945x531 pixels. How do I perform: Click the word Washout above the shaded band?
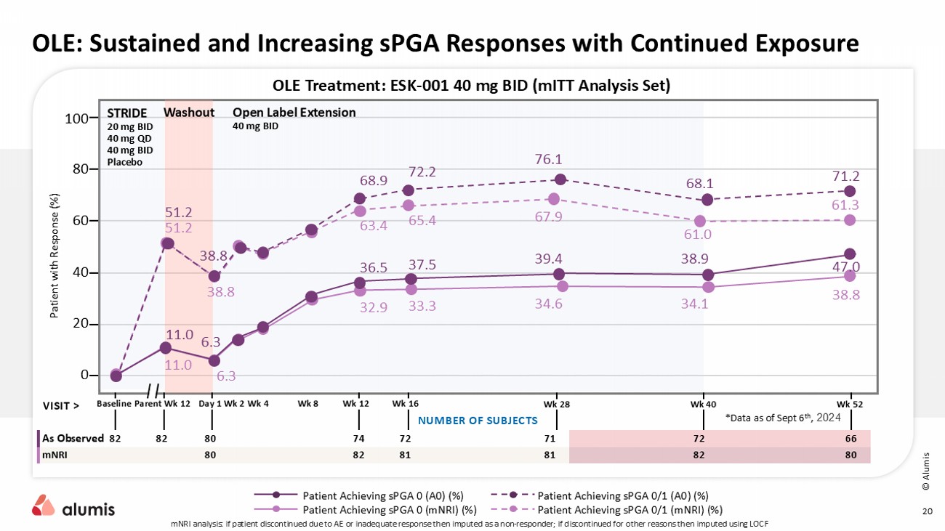pos(189,113)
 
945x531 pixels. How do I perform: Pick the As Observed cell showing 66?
pos(851,439)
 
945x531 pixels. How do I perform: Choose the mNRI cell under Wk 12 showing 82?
pos(357,455)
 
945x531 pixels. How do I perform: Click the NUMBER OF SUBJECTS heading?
pos(478,421)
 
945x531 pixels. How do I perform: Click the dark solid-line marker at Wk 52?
pos(850,254)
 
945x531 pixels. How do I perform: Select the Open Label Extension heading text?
pos(294,113)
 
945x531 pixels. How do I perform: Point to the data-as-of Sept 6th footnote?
pos(782,418)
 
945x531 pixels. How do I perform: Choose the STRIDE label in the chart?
pos(126,113)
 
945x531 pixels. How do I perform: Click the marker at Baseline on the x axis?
pos(116,375)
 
